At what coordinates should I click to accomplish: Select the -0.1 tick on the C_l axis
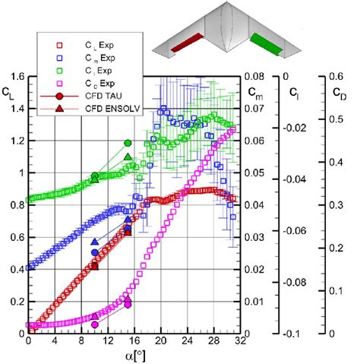click(x=289, y=334)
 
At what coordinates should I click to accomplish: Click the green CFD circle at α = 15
click(x=128, y=143)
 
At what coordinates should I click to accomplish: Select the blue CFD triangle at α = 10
click(x=94, y=242)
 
